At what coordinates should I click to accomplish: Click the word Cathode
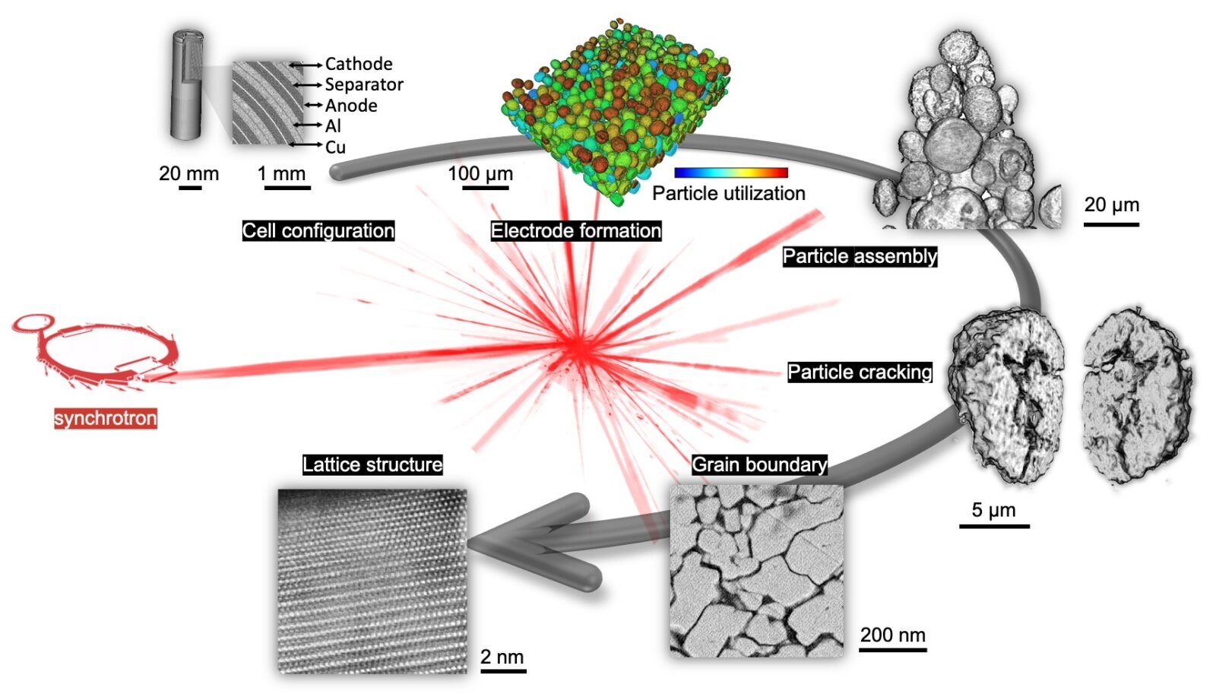[x=358, y=64]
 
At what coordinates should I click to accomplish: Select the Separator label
[x=364, y=84]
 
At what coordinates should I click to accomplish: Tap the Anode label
[x=350, y=106]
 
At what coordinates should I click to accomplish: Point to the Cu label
[x=335, y=147]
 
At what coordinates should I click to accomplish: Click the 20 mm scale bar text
[x=188, y=174]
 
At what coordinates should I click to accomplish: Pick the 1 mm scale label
[x=281, y=174]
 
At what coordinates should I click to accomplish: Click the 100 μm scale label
[x=480, y=174]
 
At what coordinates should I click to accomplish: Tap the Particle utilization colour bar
[x=730, y=173]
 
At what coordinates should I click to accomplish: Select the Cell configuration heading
[x=318, y=231]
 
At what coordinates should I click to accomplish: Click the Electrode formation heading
[x=576, y=231]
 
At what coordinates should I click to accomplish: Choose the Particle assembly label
[x=860, y=256]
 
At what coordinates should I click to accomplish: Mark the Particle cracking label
[x=860, y=372]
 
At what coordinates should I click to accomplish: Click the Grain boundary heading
[x=759, y=465]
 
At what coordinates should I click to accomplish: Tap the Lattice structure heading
[x=372, y=465]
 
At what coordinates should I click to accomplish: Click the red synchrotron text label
[x=106, y=419]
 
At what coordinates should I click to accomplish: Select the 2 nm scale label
[x=502, y=657]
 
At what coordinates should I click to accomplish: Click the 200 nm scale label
[x=893, y=635]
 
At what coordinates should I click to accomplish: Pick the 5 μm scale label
[x=993, y=510]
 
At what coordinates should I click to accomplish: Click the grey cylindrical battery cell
[x=187, y=85]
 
